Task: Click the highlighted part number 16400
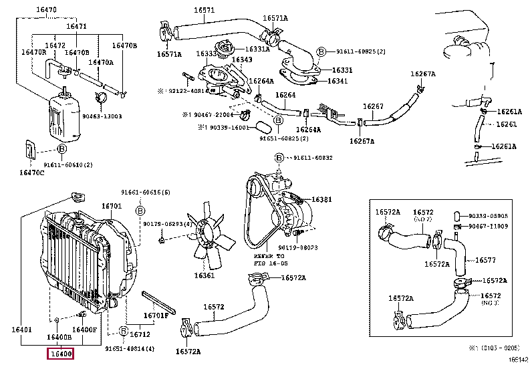coord(59,354)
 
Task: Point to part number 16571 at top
coord(205,11)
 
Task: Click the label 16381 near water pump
coord(321,199)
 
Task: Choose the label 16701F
coord(157,316)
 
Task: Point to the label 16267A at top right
coord(422,74)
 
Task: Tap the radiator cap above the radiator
coord(76,197)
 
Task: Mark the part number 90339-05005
coord(488,216)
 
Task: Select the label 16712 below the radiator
coord(139,334)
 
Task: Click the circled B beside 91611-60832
coord(279,158)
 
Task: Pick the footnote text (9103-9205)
coord(497,348)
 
